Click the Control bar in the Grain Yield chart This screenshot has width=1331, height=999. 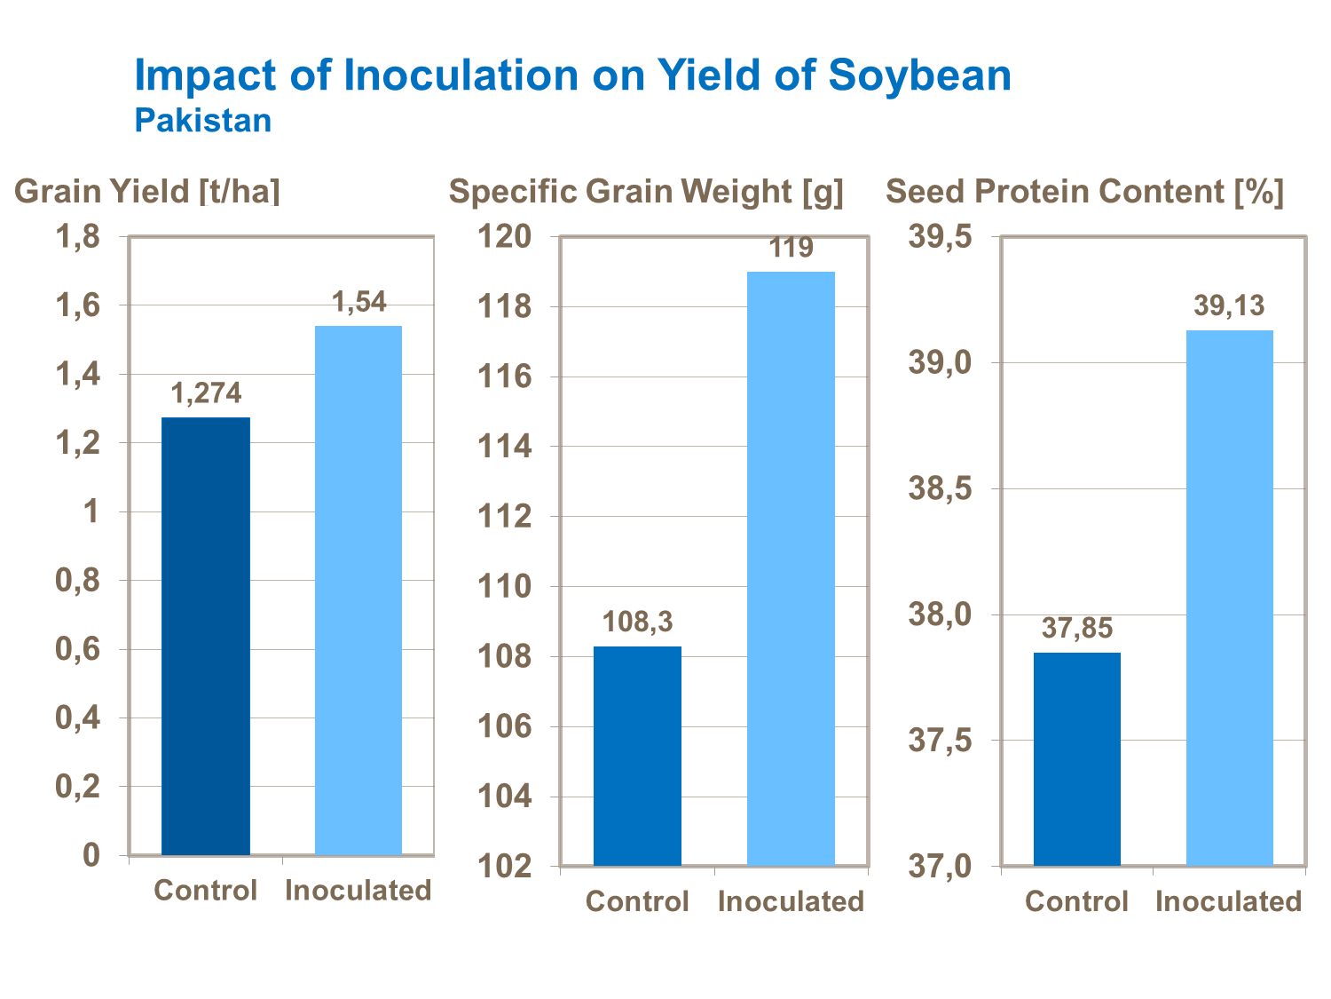(x=206, y=636)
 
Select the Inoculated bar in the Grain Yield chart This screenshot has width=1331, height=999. (x=358, y=591)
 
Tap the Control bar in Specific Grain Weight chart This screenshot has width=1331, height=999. (x=637, y=756)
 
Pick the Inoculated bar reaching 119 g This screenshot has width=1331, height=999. (x=791, y=568)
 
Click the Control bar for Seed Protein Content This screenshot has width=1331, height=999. (x=1076, y=759)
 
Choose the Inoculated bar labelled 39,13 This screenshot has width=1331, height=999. (x=1229, y=598)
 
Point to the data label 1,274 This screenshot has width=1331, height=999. (x=206, y=392)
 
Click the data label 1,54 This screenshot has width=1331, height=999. (x=359, y=302)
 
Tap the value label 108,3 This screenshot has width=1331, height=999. (x=637, y=622)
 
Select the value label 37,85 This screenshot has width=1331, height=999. (x=1076, y=628)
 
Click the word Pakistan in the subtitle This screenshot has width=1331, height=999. (x=202, y=121)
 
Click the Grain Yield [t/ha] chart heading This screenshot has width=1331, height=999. (x=147, y=191)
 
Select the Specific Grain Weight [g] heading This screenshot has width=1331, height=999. (x=646, y=191)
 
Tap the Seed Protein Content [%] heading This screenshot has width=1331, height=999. (x=1084, y=191)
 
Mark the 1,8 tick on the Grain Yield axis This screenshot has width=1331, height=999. (x=77, y=237)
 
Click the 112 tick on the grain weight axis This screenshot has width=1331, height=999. (x=505, y=516)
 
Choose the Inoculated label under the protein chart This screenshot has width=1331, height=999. (x=1228, y=901)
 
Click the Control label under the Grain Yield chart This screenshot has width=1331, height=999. (x=205, y=890)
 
